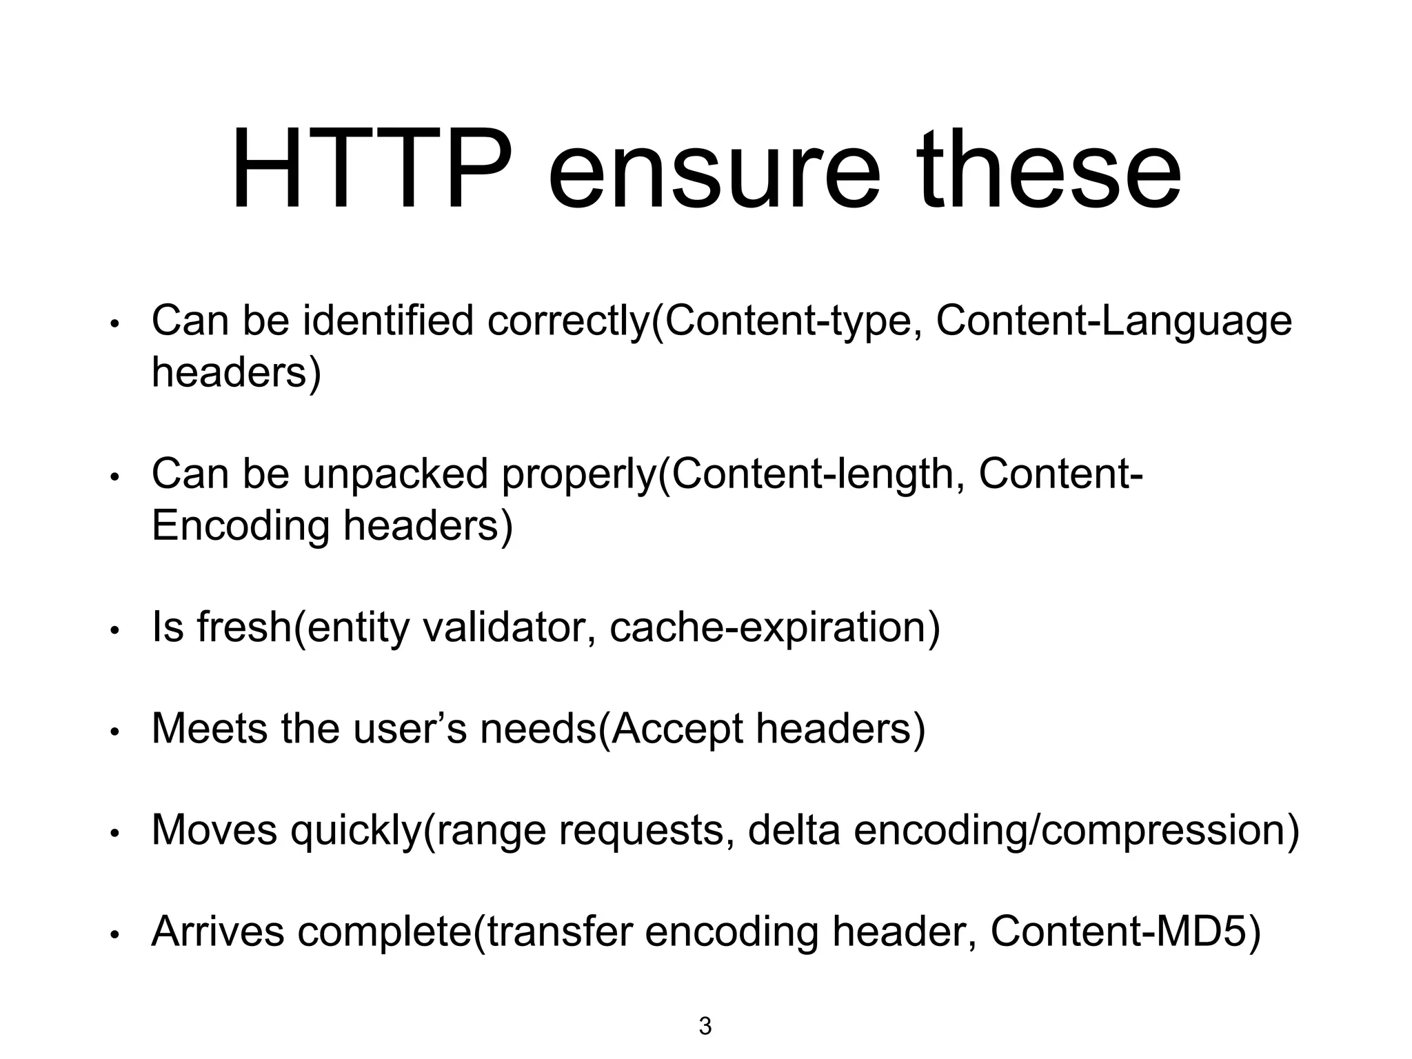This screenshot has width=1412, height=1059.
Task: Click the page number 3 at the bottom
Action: [x=705, y=1026]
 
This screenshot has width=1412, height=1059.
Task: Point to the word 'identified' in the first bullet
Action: [x=388, y=321]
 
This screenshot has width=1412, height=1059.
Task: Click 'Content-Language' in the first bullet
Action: [x=1113, y=322]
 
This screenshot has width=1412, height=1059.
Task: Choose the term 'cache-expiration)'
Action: [x=774, y=629]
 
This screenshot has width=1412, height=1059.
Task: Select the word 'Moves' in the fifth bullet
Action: [x=214, y=829]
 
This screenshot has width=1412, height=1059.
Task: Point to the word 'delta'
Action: [x=794, y=829]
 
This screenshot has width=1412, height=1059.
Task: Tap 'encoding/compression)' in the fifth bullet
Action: [x=1076, y=831]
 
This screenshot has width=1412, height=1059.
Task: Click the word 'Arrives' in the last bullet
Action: [x=218, y=931]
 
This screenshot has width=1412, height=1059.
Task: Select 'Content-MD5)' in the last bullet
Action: [x=1125, y=931]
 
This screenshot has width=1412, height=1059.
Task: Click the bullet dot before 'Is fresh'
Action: [x=116, y=630]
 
